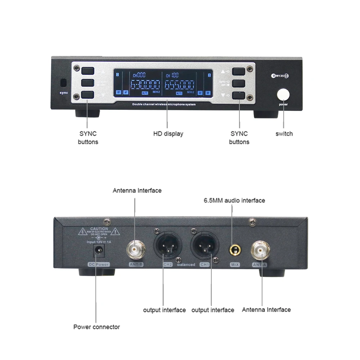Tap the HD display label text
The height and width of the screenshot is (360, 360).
coord(168,134)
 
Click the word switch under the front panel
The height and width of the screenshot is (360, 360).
coord(284,134)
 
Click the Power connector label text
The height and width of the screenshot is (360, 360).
coord(96,327)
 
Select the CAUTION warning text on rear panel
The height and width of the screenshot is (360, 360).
coord(99,229)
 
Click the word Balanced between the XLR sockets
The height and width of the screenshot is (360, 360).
coord(186,265)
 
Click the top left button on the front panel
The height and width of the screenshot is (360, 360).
coord(87,71)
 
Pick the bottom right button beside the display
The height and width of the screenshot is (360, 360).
coord(239,96)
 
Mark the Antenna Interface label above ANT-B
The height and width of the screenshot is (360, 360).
coord(137,190)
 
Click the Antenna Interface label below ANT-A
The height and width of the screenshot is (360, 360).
coord(266,310)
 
